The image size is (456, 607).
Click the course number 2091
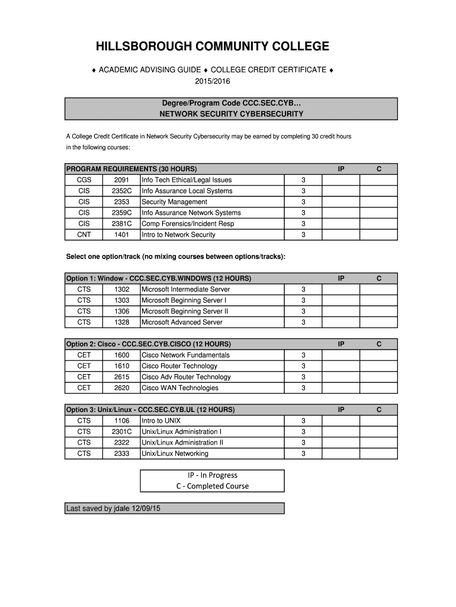[121, 180]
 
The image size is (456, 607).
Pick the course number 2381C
[121, 224]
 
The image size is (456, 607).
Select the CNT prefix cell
[84, 235]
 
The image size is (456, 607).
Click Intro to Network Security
[178, 235]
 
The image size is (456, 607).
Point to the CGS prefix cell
[84, 180]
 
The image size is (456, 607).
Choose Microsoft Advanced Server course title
[182, 322]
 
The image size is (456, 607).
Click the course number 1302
[121, 290]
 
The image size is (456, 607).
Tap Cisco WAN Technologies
[180, 388]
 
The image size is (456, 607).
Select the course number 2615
[121, 377]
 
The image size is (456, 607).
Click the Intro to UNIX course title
[161, 421]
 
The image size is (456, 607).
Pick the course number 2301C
[121, 432]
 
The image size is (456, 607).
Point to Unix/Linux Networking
[175, 454]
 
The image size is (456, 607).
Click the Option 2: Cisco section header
[148, 344]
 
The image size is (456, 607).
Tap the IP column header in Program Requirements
[341, 170]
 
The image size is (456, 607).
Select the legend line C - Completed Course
[213, 486]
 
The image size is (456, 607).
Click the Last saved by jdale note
[114, 508]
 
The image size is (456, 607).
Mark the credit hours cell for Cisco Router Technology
[303, 366]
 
